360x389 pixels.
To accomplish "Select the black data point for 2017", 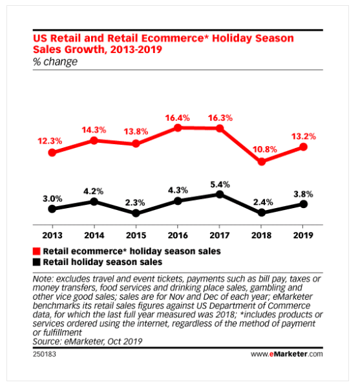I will (x=220, y=194).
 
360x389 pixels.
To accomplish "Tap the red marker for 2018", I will (x=262, y=162).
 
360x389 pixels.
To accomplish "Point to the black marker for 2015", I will (x=136, y=213).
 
